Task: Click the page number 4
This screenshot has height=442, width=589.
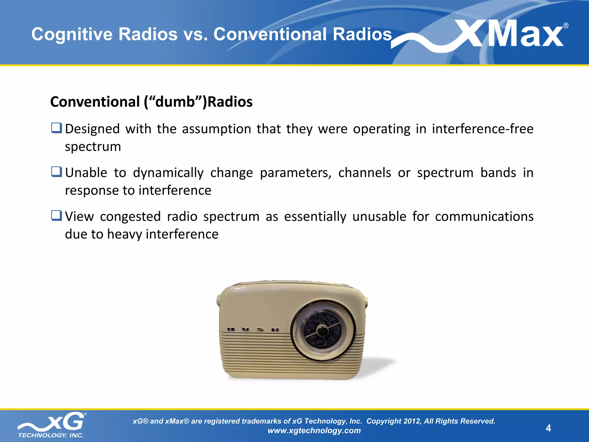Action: pos(548,428)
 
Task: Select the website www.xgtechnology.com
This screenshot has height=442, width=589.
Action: pos(314,430)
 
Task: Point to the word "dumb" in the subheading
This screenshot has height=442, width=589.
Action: pos(175,102)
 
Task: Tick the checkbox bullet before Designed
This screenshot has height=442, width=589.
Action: pos(57,128)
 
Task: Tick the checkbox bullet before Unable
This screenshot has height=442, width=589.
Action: pos(57,172)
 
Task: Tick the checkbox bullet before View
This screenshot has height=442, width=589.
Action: pos(57,216)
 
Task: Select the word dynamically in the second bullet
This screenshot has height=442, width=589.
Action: pos(168,173)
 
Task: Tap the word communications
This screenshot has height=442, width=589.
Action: pos(484,217)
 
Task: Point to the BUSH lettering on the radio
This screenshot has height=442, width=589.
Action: pos(253,329)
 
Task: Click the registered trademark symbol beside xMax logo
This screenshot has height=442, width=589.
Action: pos(566,26)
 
